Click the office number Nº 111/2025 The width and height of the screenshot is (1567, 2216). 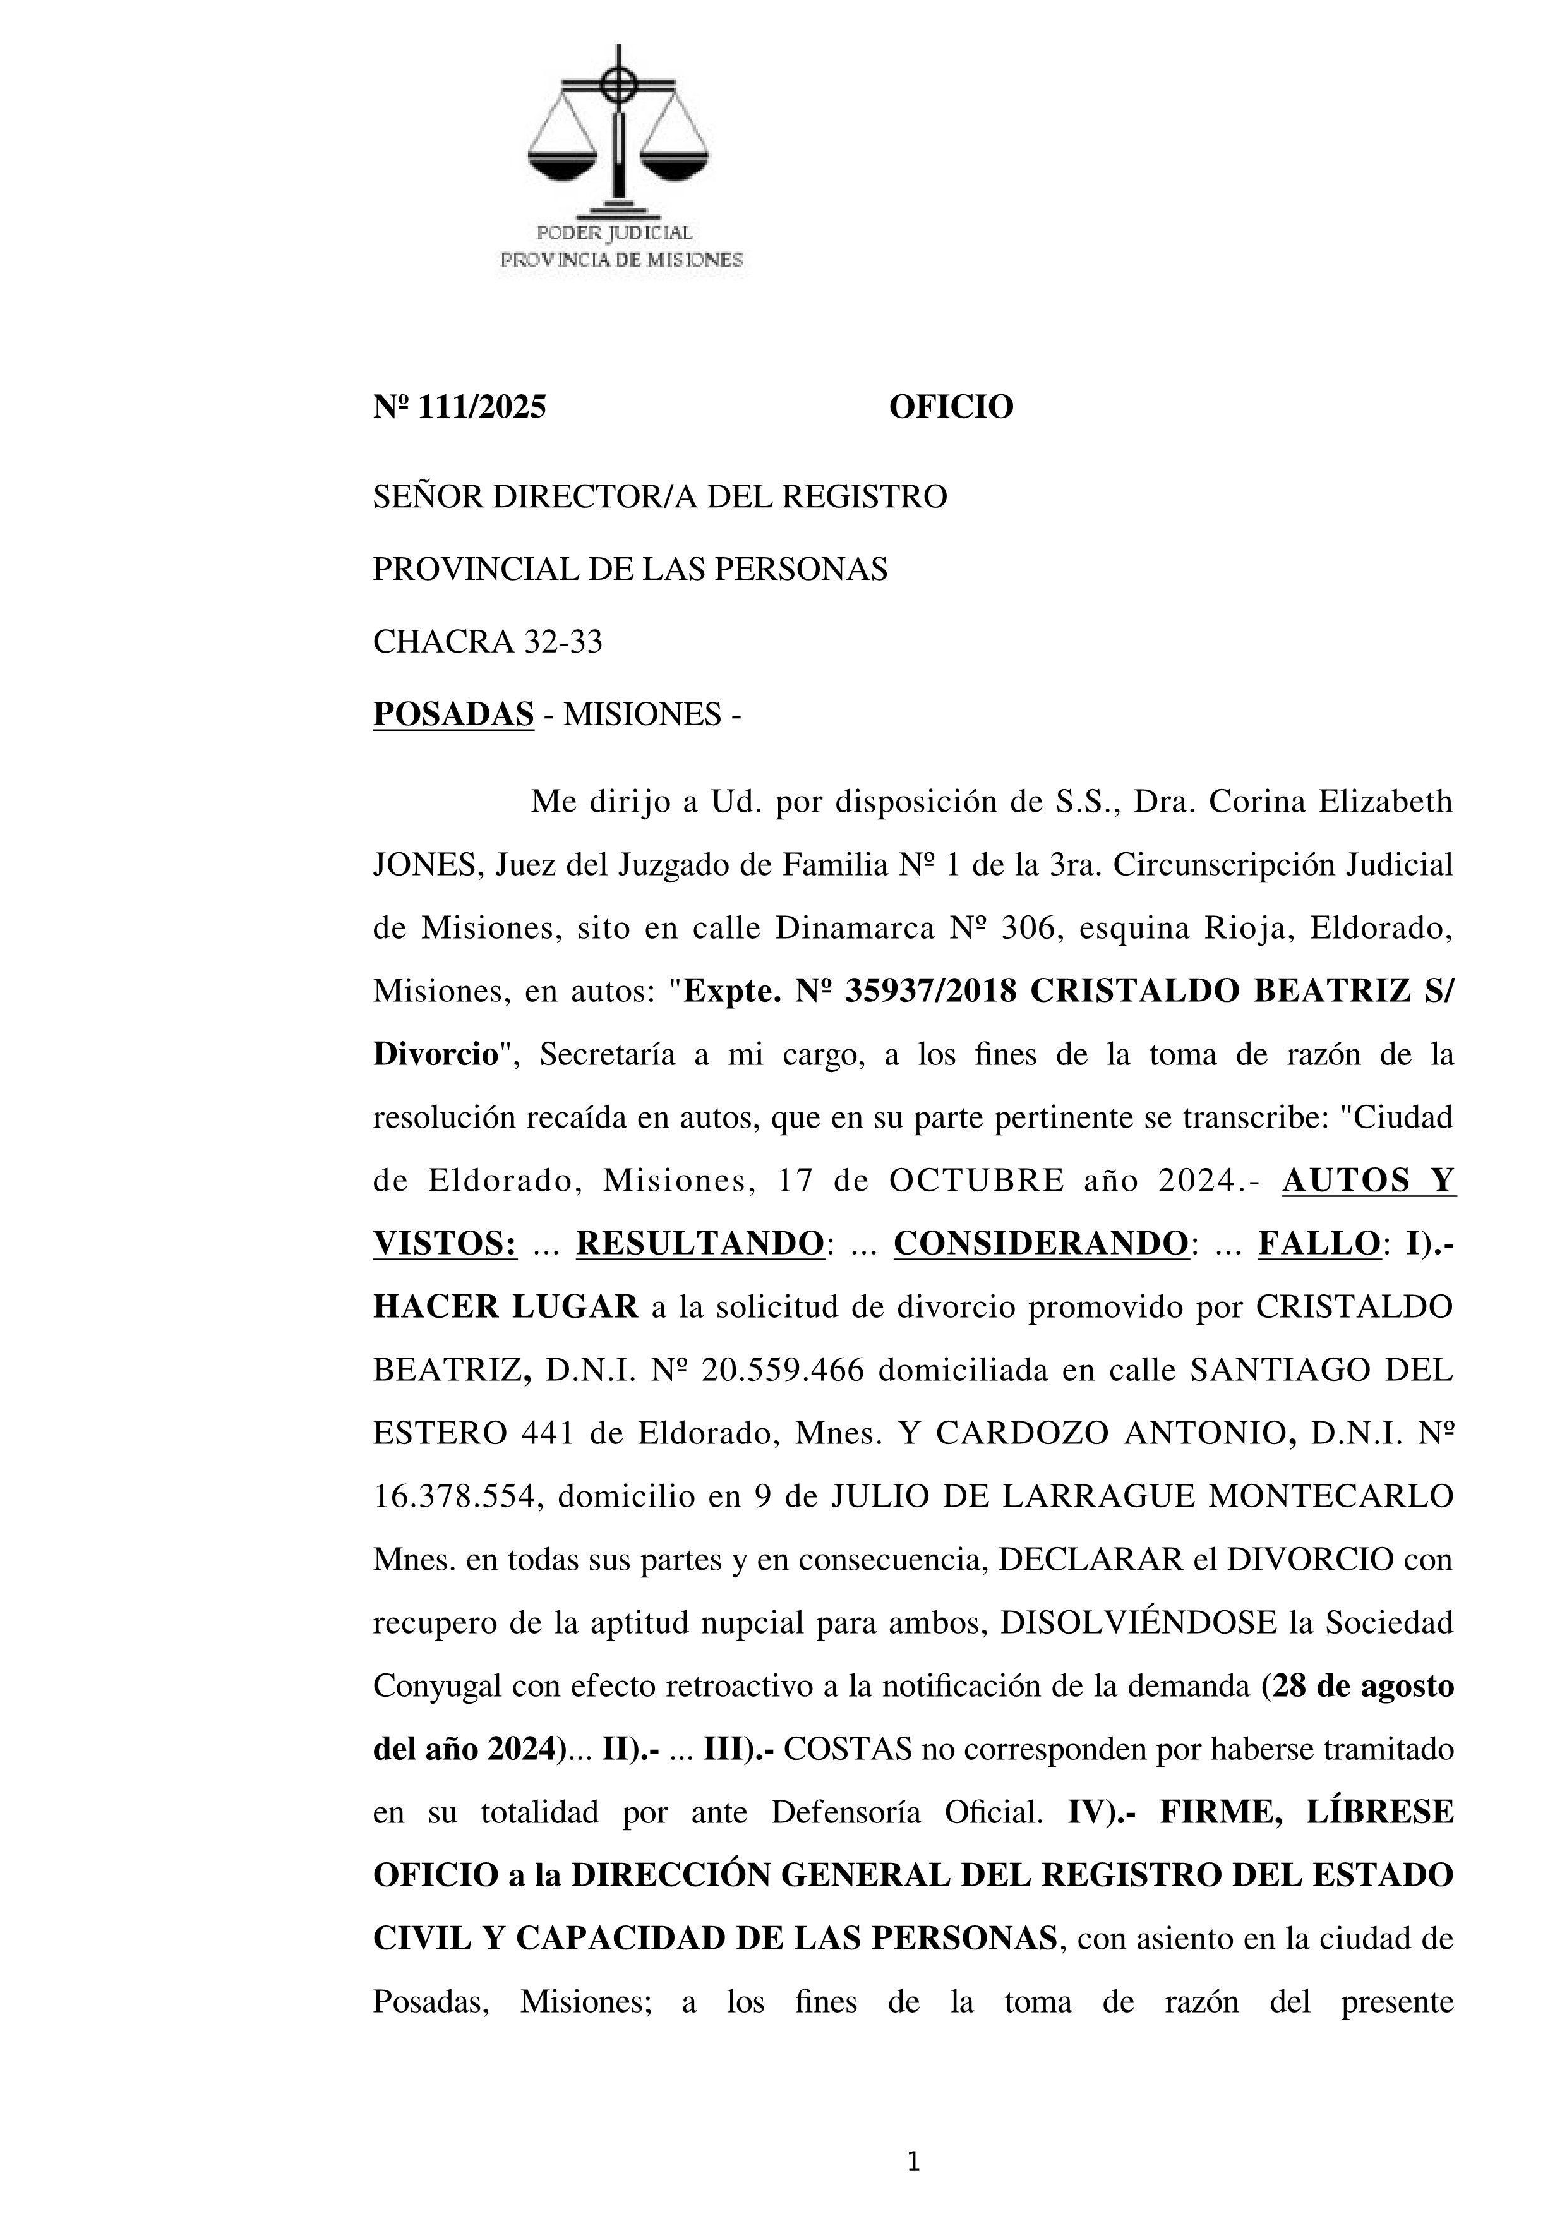[459, 407]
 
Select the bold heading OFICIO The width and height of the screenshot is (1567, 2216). [951, 407]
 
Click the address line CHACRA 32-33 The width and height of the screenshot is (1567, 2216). [487, 642]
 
